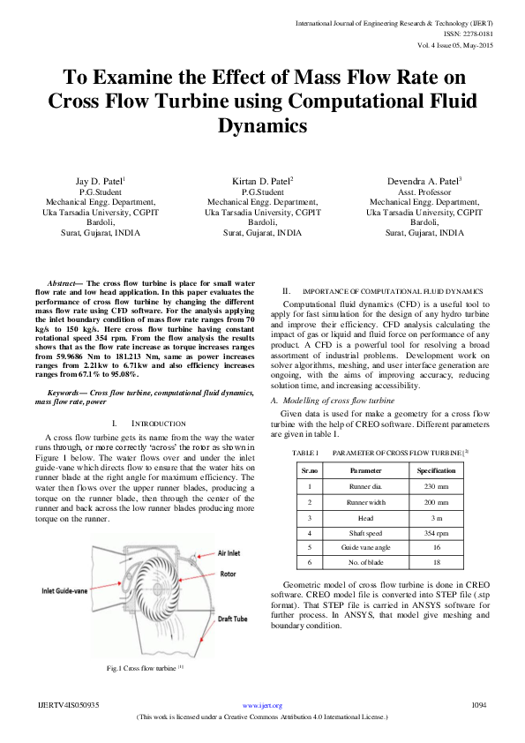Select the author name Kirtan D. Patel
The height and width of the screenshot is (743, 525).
pyautogui.click(x=262, y=181)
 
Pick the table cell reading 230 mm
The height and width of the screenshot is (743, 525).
pyautogui.click(x=436, y=486)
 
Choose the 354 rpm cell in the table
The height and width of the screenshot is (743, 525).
pyautogui.click(x=436, y=533)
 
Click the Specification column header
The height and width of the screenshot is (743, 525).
pyautogui.click(x=436, y=470)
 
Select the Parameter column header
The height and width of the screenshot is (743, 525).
pyautogui.click(x=365, y=470)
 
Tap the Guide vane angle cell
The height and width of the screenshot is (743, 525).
pyautogui.click(x=365, y=548)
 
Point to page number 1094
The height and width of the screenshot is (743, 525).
pyautogui.click(x=479, y=705)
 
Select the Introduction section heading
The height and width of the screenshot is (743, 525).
pyautogui.click(x=153, y=424)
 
